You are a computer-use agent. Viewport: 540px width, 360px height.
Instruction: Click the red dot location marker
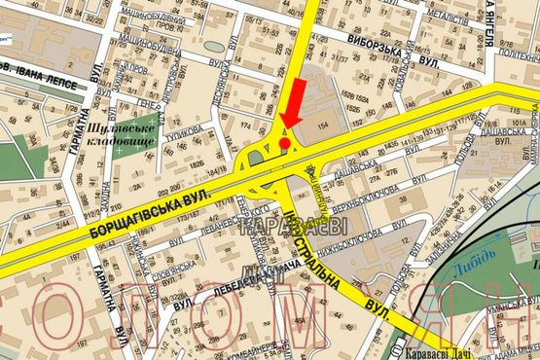(x=284, y=143)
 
